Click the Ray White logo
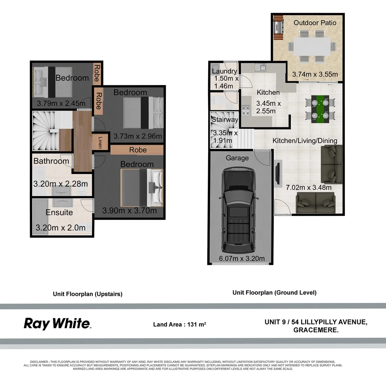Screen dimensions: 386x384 click(x=58, y=324)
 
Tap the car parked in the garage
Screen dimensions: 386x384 click(x=238, y=210)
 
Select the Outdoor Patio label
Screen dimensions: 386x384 click(x=315, y=23)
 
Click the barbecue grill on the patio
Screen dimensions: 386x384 click(x=278, y=27)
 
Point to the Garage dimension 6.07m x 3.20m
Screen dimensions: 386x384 click(x=242, y=258)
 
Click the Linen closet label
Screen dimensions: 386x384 click(x=100, y=143)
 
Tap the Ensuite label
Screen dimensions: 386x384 click(x=59, y=212)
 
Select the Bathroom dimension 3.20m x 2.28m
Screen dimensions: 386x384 click(x=60, y=184)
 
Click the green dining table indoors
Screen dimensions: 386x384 click(x=320, y=109)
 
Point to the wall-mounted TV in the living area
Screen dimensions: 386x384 click(x=277, y=174)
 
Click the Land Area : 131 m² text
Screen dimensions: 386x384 click(x=179, y=325)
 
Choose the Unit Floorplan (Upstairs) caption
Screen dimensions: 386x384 click(x=88, y=294)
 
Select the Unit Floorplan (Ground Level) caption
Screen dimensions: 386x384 click(x=275, y=293)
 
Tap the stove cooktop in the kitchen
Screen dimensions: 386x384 click(x=245, y=111)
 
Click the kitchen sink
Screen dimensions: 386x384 click(x=261, y=67)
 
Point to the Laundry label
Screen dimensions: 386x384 click(x=224, y=71)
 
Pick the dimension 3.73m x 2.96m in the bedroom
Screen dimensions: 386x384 click(x=138, y=136)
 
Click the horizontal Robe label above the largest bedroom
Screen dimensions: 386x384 click(x=138, y=150)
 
